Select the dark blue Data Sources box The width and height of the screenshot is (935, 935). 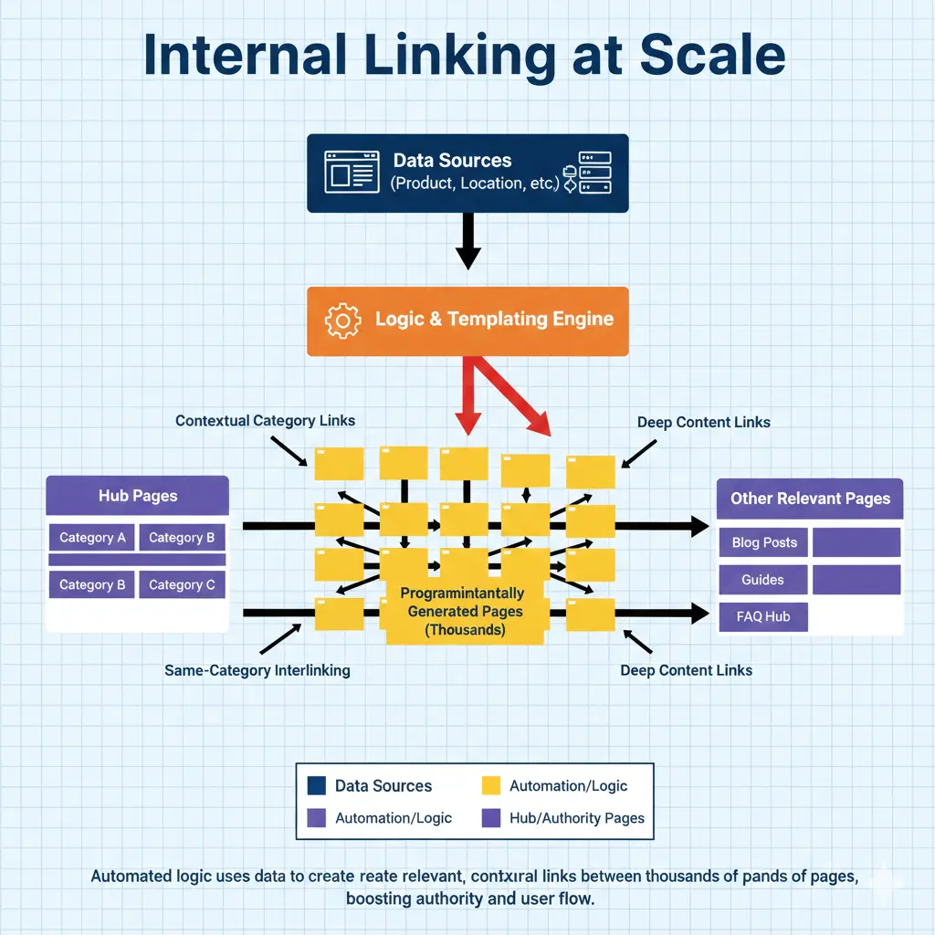(x=467, y=173)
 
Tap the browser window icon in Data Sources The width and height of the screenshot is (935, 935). (x=351, y=172)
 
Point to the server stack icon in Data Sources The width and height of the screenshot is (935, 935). (x=589, y=172)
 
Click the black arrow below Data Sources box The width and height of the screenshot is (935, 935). (x=467, y=241)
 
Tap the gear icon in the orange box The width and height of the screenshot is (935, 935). (x=343, y=320)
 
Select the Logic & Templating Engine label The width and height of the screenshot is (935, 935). (x=494, y=320)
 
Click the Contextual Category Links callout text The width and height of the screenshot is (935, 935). (x=265, y=421)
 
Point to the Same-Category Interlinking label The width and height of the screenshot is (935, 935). (x=257, y=670)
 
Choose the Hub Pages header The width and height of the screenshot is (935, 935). (x=138, y=496)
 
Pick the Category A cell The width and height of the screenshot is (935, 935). (x=92, y=538)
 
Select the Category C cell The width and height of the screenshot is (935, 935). (x=182, y=584)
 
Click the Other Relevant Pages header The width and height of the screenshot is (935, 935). (x=810, y=499)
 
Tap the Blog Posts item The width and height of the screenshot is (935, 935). (x=764, y=542)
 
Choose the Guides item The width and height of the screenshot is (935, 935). (x=762, y=580)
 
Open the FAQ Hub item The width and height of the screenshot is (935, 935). (x=763, y=616)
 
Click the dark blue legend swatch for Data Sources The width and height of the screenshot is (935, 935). (x=317, y=785)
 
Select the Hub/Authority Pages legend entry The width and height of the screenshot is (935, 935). (x=575, y=818)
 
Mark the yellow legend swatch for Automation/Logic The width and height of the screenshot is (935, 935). (x=491, y=785)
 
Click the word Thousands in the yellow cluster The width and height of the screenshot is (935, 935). (x=466, y=630)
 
